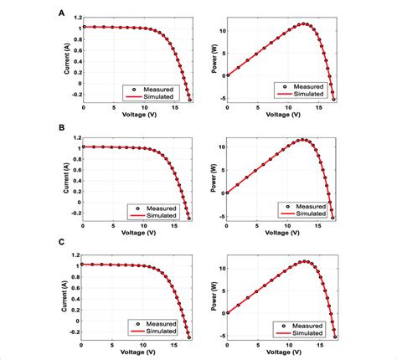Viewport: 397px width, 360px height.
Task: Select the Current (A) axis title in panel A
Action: [64, 59]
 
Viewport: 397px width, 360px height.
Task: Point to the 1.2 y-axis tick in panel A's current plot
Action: [75, 16]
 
